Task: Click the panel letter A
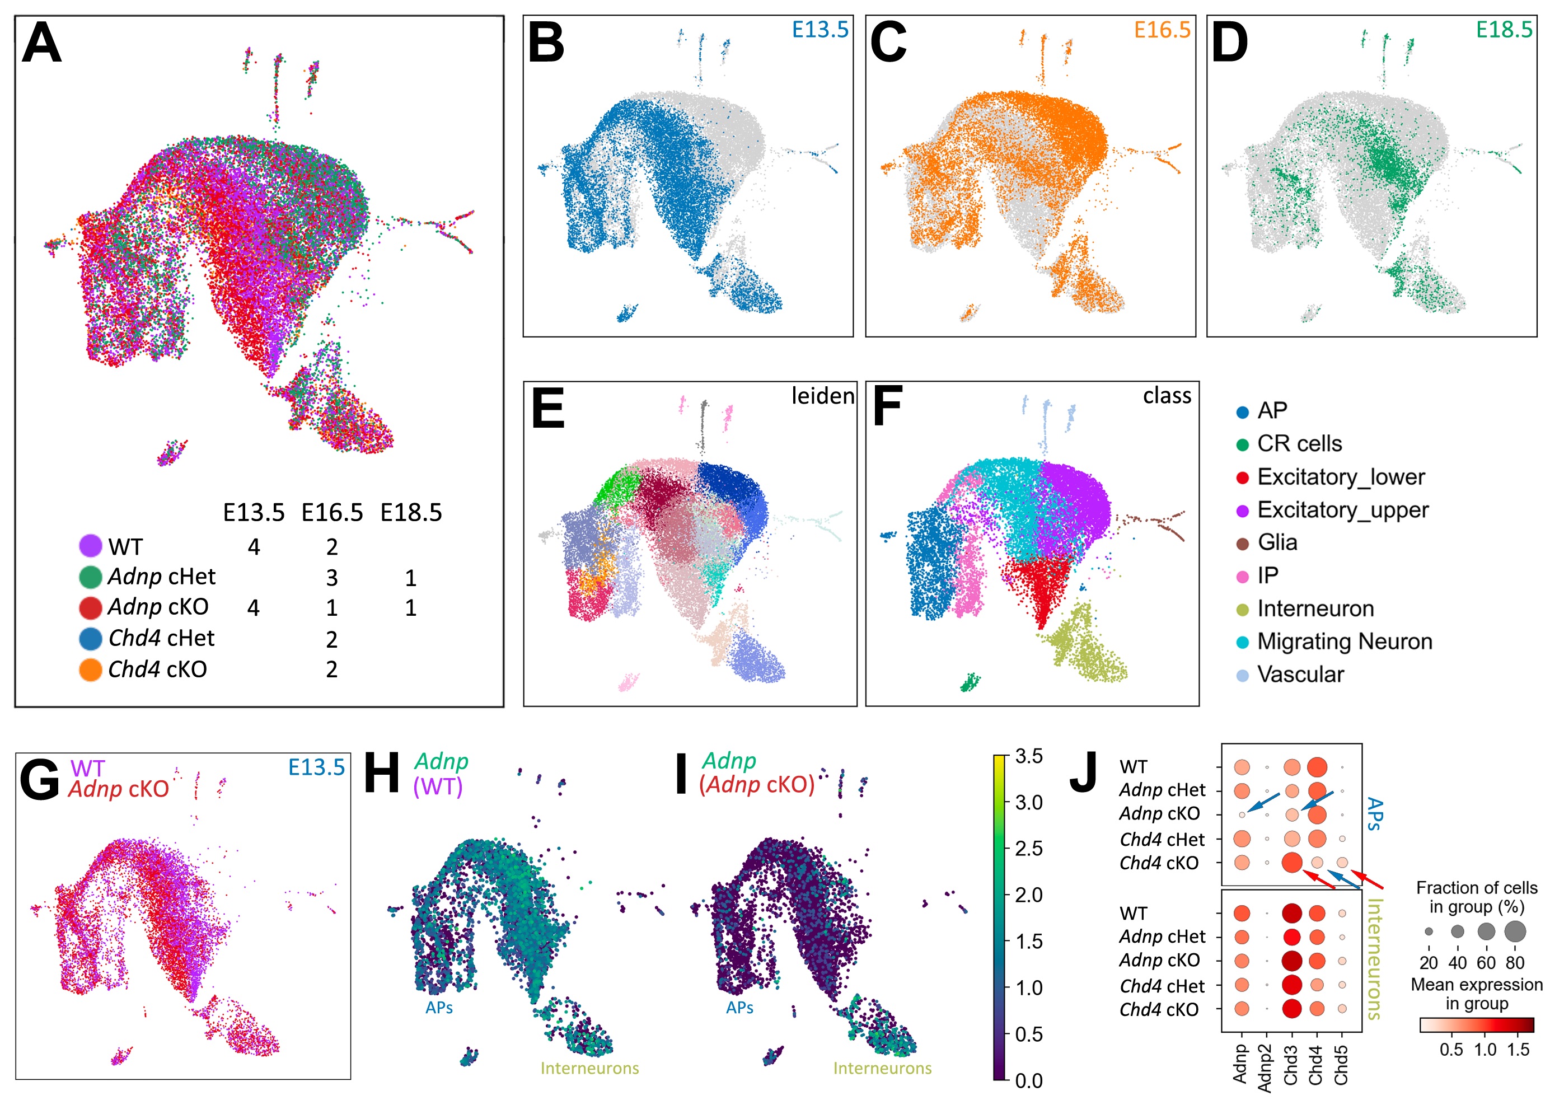tap(41, 43)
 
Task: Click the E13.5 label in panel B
tap(820, 30)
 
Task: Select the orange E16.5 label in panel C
tap(1162, 30)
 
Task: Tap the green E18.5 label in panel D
tap(1504, 30)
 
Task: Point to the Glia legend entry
tap(1276, 542)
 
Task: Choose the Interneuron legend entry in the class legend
tap(1314, 608)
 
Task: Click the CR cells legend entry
tap(1298, 444)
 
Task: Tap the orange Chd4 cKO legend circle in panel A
tap(91, 669)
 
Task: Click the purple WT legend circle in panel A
tap(91, 546)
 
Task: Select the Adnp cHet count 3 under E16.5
tap(331, 578)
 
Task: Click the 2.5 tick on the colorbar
tap(1028, 848)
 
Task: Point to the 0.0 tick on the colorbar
tap(1028, 1080)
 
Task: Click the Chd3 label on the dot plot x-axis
tap(1291, 1065)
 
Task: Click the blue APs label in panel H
tap(439, 1008)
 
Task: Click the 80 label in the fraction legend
tap(1515, 963)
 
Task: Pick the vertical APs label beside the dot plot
tap(1374, 814)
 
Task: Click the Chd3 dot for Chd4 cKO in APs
tap(1291, 862)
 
